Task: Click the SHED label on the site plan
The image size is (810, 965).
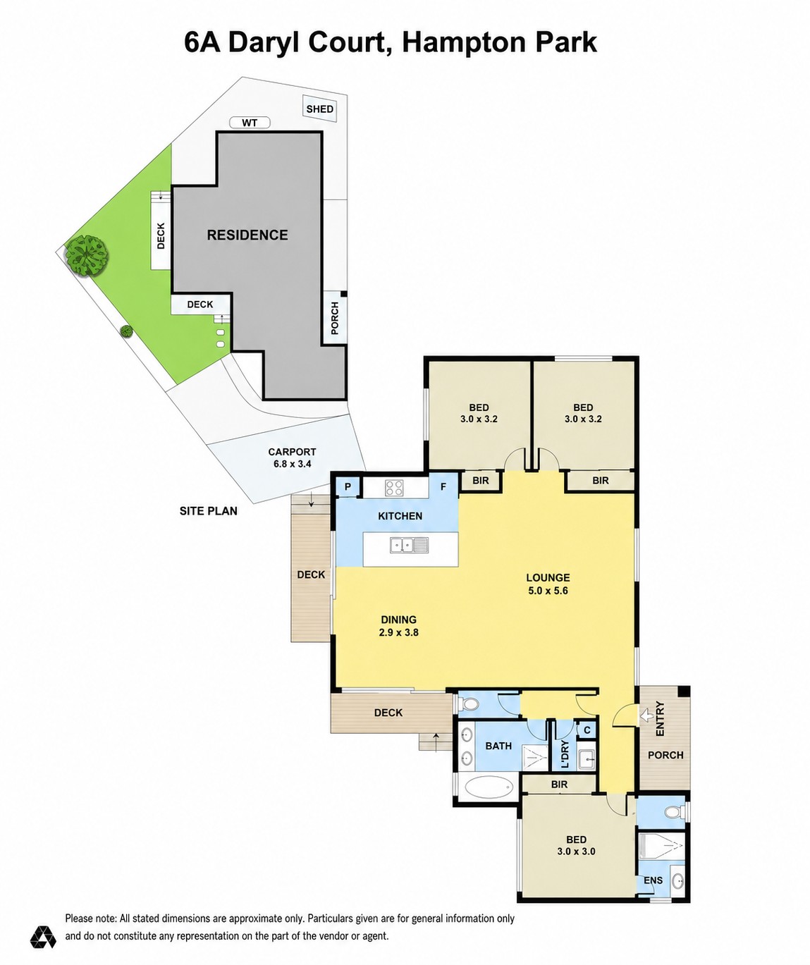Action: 319,109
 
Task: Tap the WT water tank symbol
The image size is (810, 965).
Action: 250,123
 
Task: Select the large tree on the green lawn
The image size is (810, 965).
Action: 87,256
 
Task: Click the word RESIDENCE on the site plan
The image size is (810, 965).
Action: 247,235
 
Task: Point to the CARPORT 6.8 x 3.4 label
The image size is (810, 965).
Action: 292,457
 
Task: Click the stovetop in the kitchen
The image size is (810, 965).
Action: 394,488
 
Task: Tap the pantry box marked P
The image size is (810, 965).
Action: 348,486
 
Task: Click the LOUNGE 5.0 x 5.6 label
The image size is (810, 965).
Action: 548,584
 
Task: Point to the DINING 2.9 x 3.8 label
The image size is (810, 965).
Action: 398,626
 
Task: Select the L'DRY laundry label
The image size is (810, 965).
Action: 565,754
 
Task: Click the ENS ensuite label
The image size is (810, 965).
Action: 653,880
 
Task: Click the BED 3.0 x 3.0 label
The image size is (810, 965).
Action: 576,845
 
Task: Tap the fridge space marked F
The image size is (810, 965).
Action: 443,486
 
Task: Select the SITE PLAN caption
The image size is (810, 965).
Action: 209,511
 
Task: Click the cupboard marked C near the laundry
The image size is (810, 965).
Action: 587,730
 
